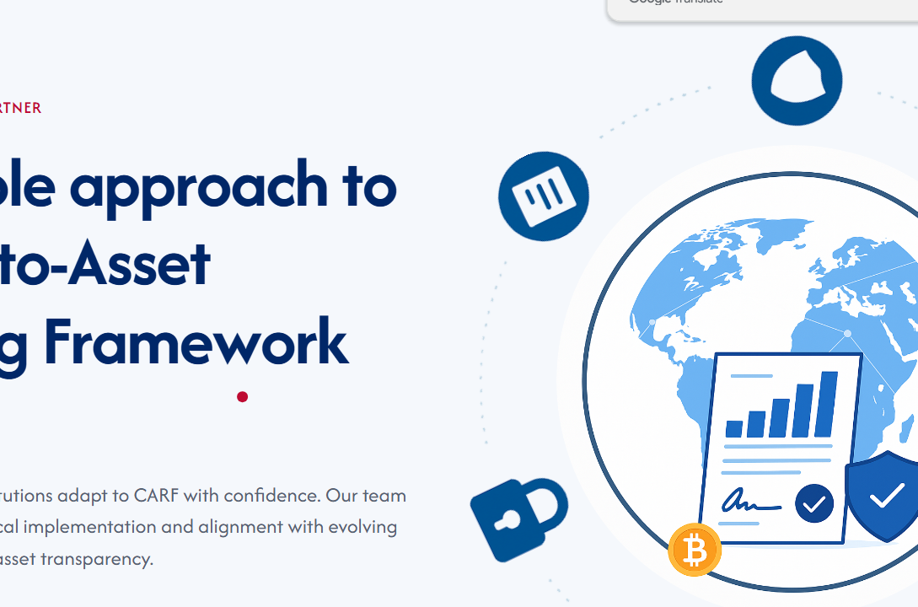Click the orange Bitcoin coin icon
click(695, 551)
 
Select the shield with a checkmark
click(885, 497)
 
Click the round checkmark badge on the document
click(813, 503)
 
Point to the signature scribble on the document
click(749, 502)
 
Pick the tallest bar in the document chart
click(829, 404)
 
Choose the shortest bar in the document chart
click(734, 428)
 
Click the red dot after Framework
click(242, 396)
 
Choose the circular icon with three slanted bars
click(543, 196)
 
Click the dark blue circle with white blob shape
click(797, 81)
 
